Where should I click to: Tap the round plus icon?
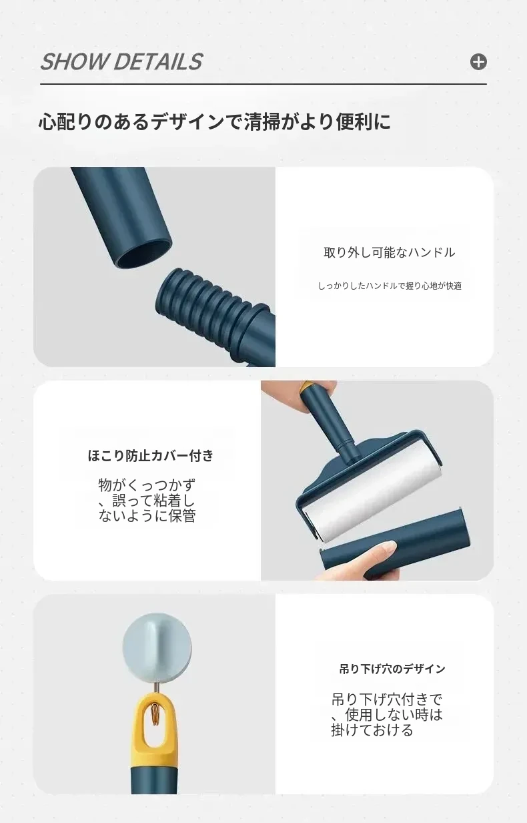pyautogui.click(x=478, y=61)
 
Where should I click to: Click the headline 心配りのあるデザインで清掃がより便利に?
pyautogui.click(x=215, y=121)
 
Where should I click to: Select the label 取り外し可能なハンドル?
pyautogui.click(x=390, y=253)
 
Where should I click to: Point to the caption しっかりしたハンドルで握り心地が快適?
pyautogui.click(x=390, y=286)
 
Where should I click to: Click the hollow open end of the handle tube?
pyautogui.click(x=146, y=254)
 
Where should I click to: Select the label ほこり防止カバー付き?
pyautogui.click(x=151, y=456)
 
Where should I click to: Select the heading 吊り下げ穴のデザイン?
pyautogui.click(x=392, y=669)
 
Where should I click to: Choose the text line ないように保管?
pyautogui.click(x=147, y=515)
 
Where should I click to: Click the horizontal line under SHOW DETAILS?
pyautogui.click(x=263, y=84)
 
